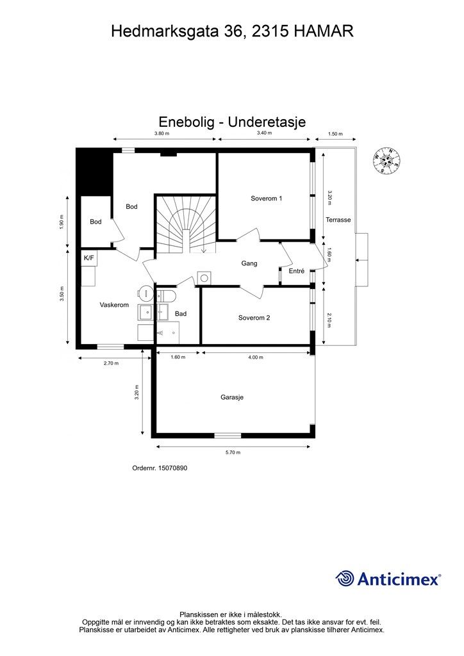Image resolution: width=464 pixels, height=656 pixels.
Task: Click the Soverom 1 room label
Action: [x=266, y=199]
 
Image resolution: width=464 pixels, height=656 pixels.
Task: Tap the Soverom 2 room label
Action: [x=254, y=317]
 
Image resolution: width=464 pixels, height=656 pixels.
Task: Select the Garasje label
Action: [x=232, y=397]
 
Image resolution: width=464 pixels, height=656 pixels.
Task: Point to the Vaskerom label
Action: [x=114, y=305]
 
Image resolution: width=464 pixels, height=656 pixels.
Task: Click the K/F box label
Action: [x=89, y=258]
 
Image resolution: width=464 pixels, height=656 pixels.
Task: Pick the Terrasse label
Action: [x=338, y=220]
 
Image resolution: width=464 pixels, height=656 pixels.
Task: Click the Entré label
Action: [x=296, y=272]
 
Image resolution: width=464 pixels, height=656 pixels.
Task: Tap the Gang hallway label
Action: [x=249, y=263]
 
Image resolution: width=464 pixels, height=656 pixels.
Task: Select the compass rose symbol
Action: [x=387, y=160]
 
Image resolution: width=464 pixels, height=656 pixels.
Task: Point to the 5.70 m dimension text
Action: [x=233, y=452]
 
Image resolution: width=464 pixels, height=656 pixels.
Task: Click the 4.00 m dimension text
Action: [x=256, y=357]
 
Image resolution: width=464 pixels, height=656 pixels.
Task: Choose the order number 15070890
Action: [x=160, y=468]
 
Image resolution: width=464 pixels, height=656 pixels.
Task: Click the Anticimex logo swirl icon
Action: [x=345, y=578]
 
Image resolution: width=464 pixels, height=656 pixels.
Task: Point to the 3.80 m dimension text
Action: [x=162, y=134]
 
